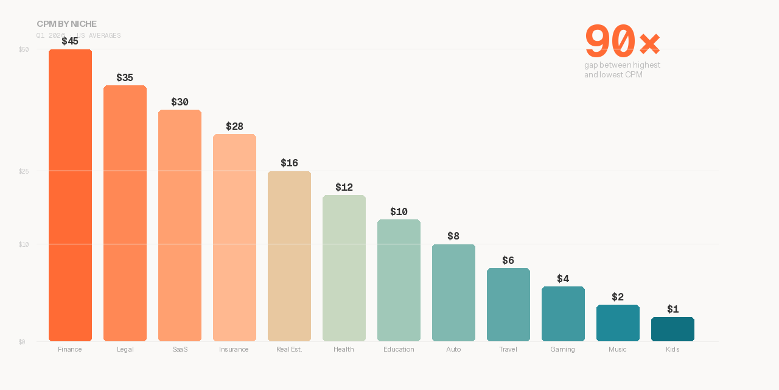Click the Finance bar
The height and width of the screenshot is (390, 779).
pos(70,195)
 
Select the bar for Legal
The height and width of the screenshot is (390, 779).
pos(125,213)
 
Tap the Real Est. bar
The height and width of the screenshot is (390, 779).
pos(289,256)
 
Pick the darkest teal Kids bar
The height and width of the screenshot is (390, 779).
pos(672,329)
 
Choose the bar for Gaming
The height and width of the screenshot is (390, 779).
pos(563,314)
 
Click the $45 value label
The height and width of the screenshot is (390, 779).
pos(70,41)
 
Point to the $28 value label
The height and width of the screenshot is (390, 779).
pos(234,127)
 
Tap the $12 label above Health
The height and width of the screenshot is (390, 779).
pos(344,188)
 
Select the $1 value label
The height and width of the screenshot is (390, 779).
pos(672,310)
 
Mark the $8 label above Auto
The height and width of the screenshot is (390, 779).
pos(453,236)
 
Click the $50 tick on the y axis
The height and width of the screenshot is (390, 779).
pos(24,49)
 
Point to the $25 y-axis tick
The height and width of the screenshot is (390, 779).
pos(24,171)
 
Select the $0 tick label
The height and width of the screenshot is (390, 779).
pos(22,342)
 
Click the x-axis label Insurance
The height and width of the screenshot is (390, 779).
pos(234,349)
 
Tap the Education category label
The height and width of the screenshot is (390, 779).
pos(399,349)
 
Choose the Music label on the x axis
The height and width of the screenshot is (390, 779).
pos(617,349)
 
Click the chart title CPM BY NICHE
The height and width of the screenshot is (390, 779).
pos(66,24)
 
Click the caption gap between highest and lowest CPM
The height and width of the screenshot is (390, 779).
pos(622,69)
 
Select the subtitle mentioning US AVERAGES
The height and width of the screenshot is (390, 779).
pos(79,35)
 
